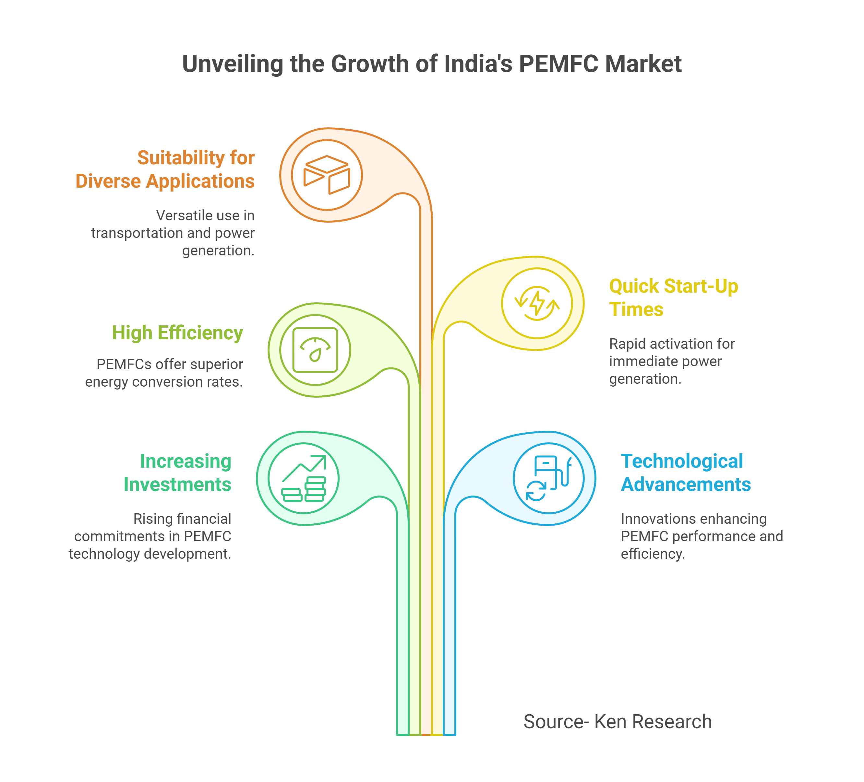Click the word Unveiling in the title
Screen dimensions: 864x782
[233, 64]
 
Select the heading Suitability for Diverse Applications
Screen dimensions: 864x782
[165, 169]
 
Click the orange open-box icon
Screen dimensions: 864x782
[327, 175]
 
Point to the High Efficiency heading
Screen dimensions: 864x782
[177, 333]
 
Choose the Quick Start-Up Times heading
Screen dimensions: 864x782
[674, 298]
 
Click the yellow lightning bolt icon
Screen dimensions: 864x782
[537, 303]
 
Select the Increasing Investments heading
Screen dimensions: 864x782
[177, 473]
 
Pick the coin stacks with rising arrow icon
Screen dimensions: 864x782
[304, 478]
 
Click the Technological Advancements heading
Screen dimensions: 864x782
[686, 473]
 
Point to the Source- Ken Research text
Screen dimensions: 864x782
[618, 722]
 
